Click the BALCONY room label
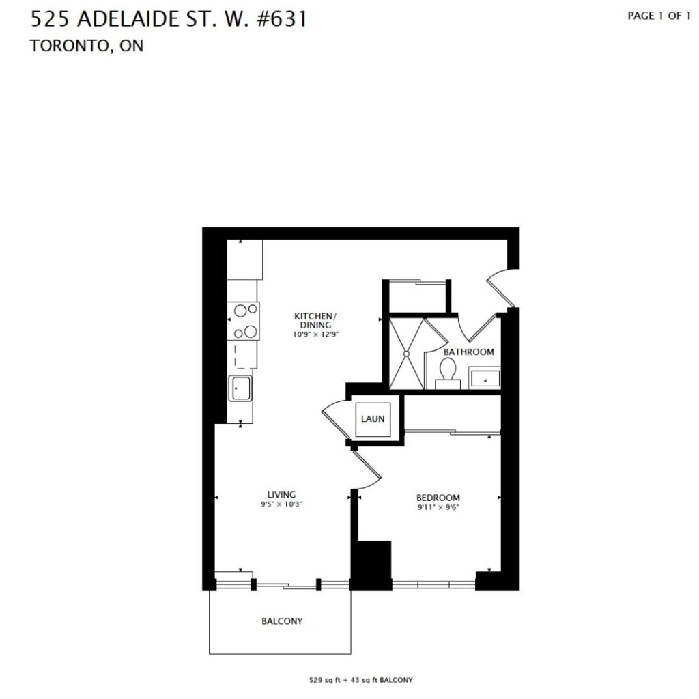(x=282, y=621)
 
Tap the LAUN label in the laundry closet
(x=373, y=419)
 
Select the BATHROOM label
(x=468, y=352)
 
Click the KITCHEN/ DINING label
(x=315, y=321)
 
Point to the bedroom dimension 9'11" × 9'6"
(x=438, y=507)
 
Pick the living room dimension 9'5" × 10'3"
(x=282, y=504)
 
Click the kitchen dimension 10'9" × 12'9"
(x=315, y=334)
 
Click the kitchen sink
(x=240, y=388)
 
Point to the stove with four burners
(x=244, y=321)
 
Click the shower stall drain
(x=406, y=354)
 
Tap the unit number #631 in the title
(x=282, y=19)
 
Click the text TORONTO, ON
(x=87, y=46)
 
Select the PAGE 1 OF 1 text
(x=659, y=16)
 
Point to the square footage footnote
(x=360, y=680)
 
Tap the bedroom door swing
(x=367, y=470)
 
